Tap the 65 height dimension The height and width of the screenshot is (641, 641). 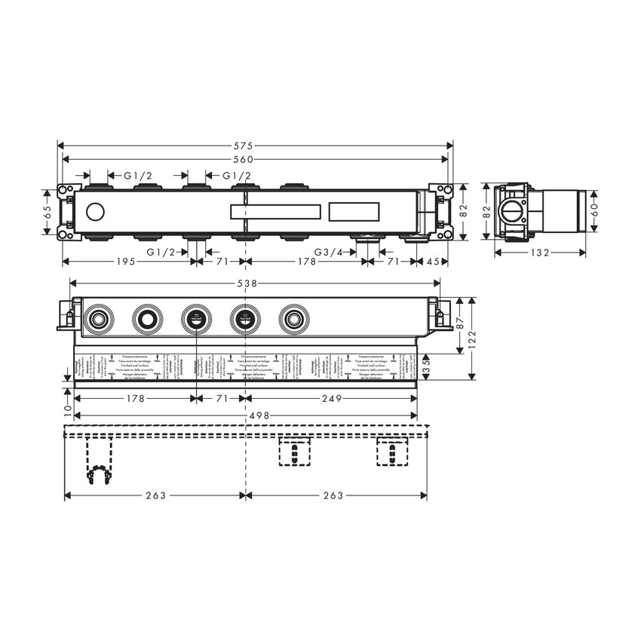[x=47, y=214]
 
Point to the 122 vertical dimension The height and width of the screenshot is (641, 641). [x=474, y=338]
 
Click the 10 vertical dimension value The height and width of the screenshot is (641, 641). [x=67, y=409]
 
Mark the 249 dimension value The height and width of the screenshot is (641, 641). [x=332, y=398]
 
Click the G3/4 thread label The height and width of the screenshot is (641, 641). [x=329, y=251]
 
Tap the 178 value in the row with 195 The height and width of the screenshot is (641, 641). [x=305, y=262]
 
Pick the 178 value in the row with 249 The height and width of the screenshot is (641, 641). [x=135, y=398]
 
